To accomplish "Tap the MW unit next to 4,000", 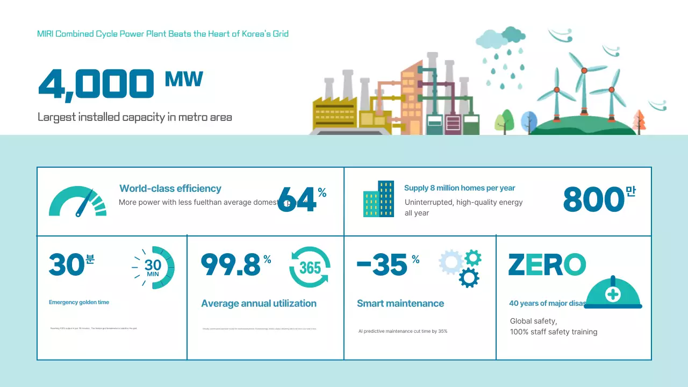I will tap(184, 79).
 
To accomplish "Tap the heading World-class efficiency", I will tap(170, 189).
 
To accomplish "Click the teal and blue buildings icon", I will tap(378, 199).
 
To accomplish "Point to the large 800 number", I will tap(593, 199).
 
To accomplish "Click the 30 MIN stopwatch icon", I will tap(154, 267).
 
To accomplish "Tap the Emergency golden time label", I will tap(79, 302).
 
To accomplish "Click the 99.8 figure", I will tap(231, 264).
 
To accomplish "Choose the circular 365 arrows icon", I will tap(310, 267).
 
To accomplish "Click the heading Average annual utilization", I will tap(259, 304).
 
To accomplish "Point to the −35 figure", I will tap(382, 265).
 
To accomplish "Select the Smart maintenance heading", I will tap(400, 304).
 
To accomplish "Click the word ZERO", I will tap(547, 265).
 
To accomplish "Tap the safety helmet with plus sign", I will tap(613, 293).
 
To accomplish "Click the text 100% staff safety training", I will tap(553, 332).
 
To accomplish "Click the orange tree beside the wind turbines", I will tap(639, 120).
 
